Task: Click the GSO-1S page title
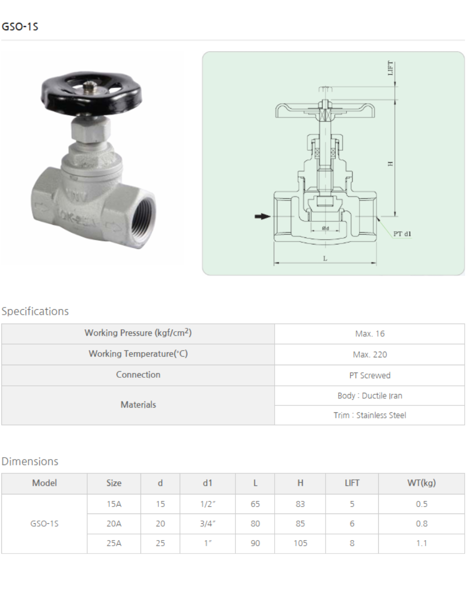pyautogui.click(x=20, y=27)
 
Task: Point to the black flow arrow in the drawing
pyautogui.click(x=262, y=216)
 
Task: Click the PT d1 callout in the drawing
pyautogui.click(x=402, y=234)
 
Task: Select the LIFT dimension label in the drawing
pyautogui.click(x=390, y=68)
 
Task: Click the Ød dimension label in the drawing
pyautogui.click(x=325, y=228)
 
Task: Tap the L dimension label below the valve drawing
pyautogui.click(x=325, y=258)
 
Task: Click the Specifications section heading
pyautogui.click(x=35, y=311)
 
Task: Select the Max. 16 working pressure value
pyautogui.click(x=369, y=334)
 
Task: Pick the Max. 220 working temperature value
pyautogui.click(x=369, y=354)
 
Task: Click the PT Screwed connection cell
pyautogui.click(x=369, y=375)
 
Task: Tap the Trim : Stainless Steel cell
pyautogui.click(x=369, y=415)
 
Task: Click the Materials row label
pyautogui.click(x=138, y=405)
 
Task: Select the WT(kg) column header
pyautogui.click(x=421, y=483)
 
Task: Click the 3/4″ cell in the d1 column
pyautogui.click(x=207, y=524)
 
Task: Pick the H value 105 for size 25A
pyautogui.click(x=300, y=543)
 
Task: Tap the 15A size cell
pyautogui.click(x=113, y=504)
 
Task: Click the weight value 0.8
pyautogui.click(x=421, y=524)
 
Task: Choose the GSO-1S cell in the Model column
pyautogui.click(x=44, y=524)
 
